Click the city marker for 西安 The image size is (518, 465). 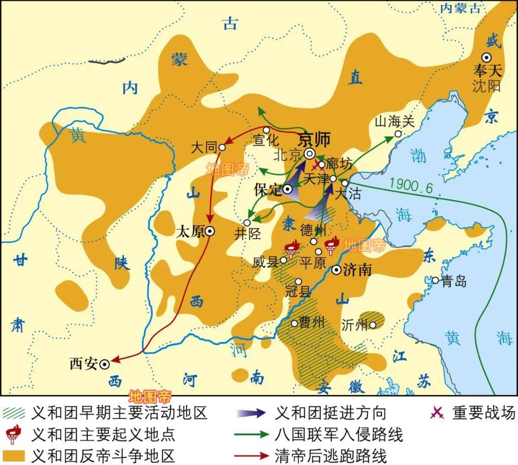coord(105,365)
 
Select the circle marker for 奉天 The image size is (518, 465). coord(487,57)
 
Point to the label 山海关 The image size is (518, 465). coord(394,122)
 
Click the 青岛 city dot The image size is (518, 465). coord(435,280)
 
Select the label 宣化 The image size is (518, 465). coord(266,140)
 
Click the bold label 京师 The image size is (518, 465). coord(315,139)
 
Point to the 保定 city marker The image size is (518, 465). coord(288,189)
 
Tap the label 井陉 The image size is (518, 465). coord(247,234)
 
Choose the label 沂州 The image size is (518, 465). coord(354,325)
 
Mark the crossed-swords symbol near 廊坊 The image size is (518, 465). coord(316,167)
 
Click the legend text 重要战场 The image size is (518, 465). coord(483,413)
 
